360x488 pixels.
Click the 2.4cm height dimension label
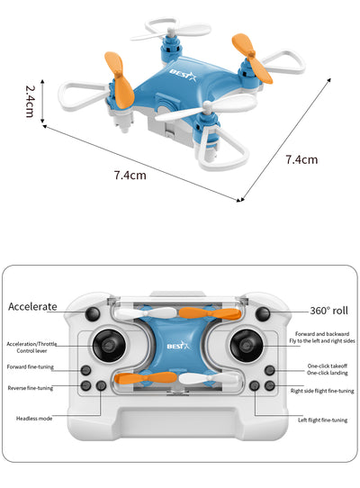pyautogui.click(x=30, y=101)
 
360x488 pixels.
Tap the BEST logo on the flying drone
pyautogui.click(x=183, y=76)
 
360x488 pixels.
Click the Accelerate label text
pyautogui.click(x=32, y=306)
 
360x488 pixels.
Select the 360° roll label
pyautogui.click(x=328, y=311)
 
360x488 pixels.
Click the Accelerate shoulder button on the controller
pyautogui.click(x=93, y=314)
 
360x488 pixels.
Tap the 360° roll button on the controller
pyautogui.click(x=263, y=314)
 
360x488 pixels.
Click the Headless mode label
pyautogui.click(x=34, y=419)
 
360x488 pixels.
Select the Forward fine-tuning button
pyautogui.click(x=85, y=370)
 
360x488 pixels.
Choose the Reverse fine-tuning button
pyautogui.click(x=85, y=386)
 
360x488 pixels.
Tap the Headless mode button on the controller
pyautogui.click(x=101, y=386)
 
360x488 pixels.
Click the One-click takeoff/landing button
pyautogui.click(x=270, y=370)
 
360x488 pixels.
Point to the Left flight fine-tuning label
pyautogui.click(x=323, y=420)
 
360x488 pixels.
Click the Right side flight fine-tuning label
pyautogui.click(x=322, y=391)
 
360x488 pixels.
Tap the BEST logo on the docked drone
pyautogui.click(x=178, y=346)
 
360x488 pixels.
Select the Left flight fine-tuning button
pyautogui.click(x=255, y=386)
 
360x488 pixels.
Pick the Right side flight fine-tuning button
pyautogui.click(x=270, y=386)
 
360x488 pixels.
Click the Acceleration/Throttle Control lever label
pyautogui.click(x=31, y=348)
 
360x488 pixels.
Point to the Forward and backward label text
pyautogui.click(x=322, y=334)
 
